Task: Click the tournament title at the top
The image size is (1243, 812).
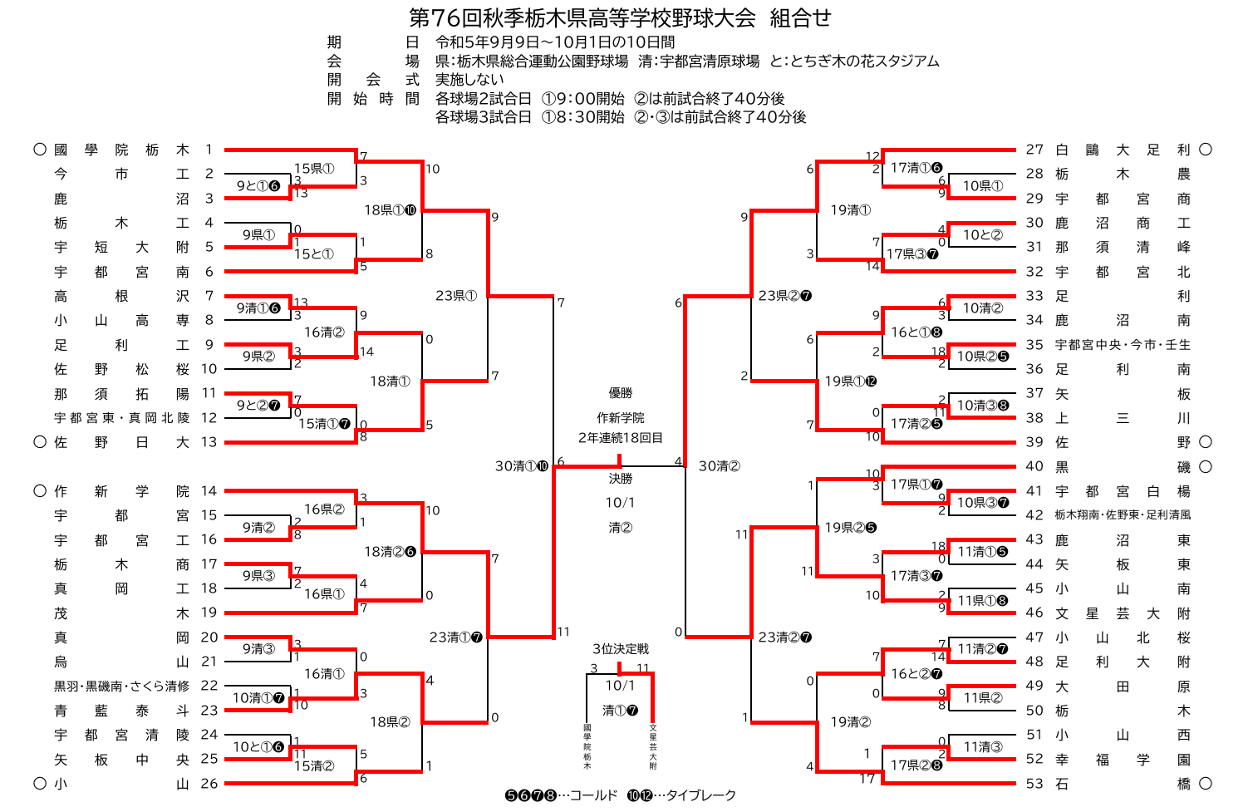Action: click(620, 17)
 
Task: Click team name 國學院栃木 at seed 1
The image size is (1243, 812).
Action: click(121, 150)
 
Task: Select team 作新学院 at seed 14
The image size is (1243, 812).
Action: click(121, 491)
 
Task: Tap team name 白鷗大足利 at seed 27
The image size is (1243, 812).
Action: click(1122, 150)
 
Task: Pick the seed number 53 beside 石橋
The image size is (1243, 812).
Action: click(1034, 783)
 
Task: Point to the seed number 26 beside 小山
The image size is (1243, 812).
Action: click(209, 783)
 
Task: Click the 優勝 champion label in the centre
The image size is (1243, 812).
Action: click(620, 393)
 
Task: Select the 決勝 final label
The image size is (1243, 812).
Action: click(620, 479)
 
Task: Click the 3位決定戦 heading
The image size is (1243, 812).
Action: click(620, 649)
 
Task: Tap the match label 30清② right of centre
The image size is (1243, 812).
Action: click(719, 466)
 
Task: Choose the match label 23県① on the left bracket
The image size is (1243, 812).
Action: click(456, 296)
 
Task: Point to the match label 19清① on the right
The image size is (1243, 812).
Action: click(850, 210)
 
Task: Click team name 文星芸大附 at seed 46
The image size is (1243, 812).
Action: click(1122, 613)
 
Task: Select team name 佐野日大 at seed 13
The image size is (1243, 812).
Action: click(121, 442)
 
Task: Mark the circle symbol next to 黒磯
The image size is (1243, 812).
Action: click(1206, 467)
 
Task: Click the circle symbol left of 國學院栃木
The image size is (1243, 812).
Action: click(39, 150)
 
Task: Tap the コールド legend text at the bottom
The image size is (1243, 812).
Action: click(593, 795)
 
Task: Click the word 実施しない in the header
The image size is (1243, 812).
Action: click(469, 79)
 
